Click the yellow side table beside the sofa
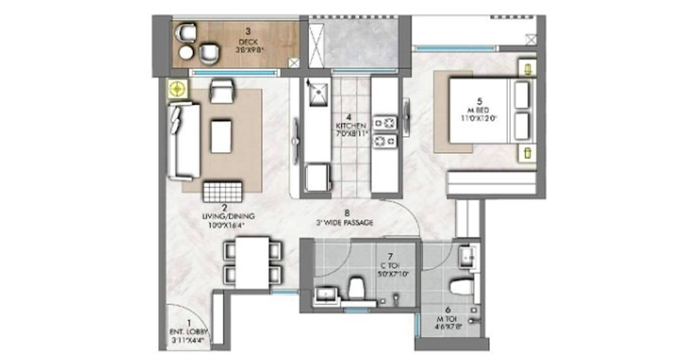point(176,90)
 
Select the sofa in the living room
point(182,141)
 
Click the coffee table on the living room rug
point(221,137)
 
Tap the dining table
point(253,262)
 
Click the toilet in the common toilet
point(357,289)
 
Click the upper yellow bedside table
point(528,68)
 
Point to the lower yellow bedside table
point(528,152)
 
